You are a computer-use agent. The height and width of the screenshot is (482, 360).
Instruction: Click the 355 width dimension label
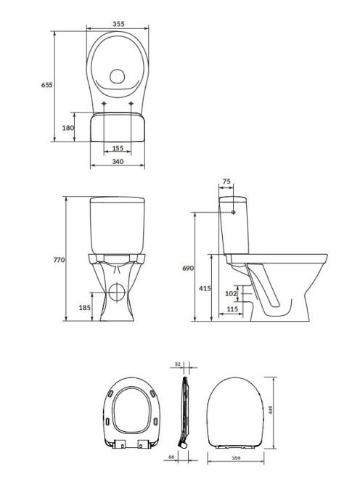(118, 24)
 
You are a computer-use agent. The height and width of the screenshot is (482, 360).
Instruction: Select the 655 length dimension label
(47, 85)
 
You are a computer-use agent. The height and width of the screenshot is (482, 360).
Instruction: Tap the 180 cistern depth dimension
(68, 128)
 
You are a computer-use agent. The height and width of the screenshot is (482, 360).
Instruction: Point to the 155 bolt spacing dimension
(118, 148)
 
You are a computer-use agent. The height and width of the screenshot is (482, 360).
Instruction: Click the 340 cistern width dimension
(118, 161)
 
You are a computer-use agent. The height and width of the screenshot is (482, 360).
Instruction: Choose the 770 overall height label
(59, 260)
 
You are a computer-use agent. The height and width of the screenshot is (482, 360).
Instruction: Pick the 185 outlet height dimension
(85, 307)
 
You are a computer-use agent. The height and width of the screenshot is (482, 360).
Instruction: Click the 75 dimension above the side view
(226, 181)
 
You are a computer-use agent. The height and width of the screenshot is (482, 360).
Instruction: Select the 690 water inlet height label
(188, 269)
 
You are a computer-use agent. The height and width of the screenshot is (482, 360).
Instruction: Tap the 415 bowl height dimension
(205, 288)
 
